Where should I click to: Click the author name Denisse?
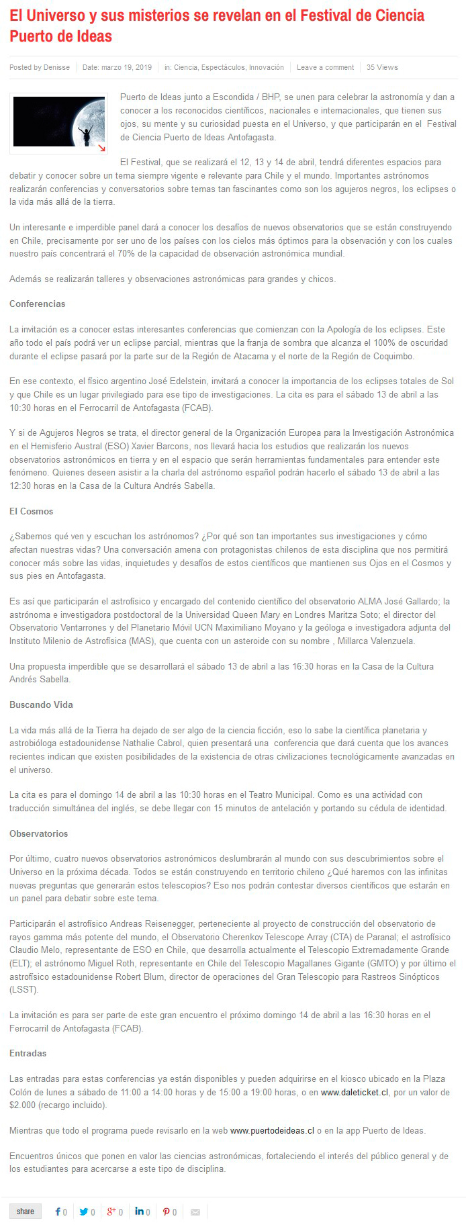pyautogui.click(x=56, y=67)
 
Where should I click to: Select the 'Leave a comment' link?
pyautogui.click(x=325, y=67)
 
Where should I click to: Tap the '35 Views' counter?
pyautogui.click(x=382, y=67)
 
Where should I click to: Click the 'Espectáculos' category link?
pyautogui.click(x=224, y=67)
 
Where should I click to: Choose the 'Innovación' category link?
pyautogui.click(x=267, y=67)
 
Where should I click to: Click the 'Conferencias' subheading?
pyautogui.click(x=38, y=304)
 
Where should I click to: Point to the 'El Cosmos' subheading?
pyautogui.click(x=31, y=511)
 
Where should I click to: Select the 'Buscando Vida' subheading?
pyautogui.click(x=41, y=704)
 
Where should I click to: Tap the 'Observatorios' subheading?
pyautogui.click(x=39, y=833)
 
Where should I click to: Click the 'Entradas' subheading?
pyautogui.click(x=28, y=1053)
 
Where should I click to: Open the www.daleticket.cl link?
pyautogui.click(x=355, y=1092)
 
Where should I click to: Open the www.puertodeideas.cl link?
pyautogui.click(x=272, y=1130)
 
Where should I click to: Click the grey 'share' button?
pyautogui.click(x=26, y=1211)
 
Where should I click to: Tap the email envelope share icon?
pyautogui.click(x=195, y=1212)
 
